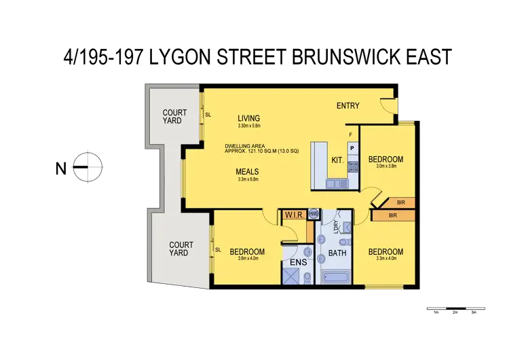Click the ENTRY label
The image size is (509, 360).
point(348,106)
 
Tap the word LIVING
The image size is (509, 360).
point(249,118)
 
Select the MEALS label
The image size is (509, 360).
point(248,172)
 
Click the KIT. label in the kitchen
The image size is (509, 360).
point(337,160)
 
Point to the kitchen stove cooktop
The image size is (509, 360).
point(352,166)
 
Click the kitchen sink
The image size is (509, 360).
point(336,183)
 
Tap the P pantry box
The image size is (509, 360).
point(352,147)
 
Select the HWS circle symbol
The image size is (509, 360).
point(313,213)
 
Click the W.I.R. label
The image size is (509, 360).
point(294,216)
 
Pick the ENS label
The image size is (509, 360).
point(298,262)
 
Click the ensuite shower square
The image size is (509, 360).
point(293,276)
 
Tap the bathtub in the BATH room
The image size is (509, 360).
point(337,277)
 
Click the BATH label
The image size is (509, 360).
point(337,254)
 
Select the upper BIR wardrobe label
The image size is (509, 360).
point(401,202)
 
